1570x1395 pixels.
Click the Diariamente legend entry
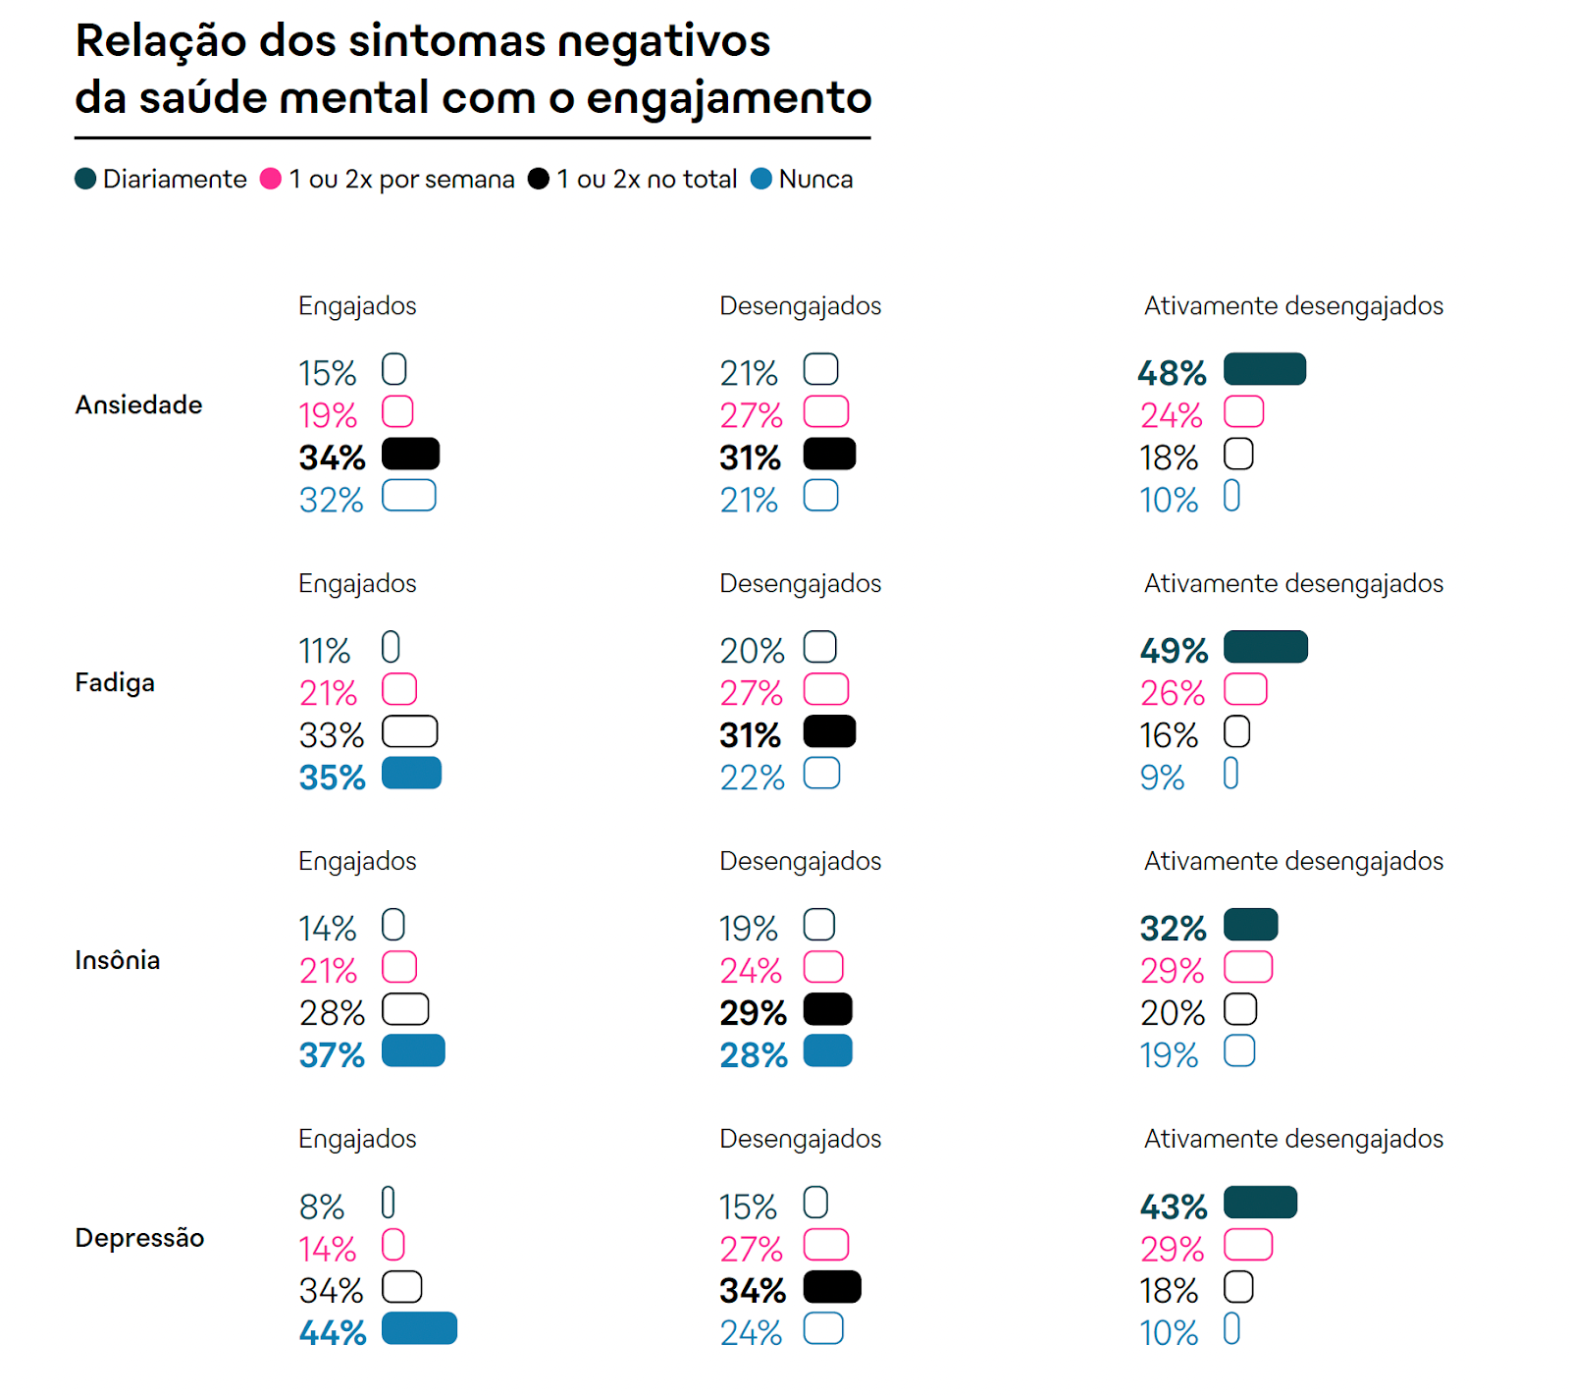coord(162,179)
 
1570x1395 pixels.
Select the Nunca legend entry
coord(803,179)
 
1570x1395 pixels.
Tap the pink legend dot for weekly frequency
coord(271,179)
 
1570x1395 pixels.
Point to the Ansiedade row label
coord(138,404)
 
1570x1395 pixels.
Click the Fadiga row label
coord(115,682)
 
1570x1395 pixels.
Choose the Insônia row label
coord(117,960)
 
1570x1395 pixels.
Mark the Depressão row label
coord(139,1238)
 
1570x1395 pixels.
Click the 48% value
coord(1172,372)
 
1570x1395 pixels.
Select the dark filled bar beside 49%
coord(1266,647)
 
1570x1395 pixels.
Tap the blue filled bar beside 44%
coord(419,1328)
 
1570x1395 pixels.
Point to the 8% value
coord(321,1207)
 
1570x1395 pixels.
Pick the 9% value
coord(1162,778)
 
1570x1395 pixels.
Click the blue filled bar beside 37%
coord(413,1050)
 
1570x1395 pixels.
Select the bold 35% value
coord(332,778)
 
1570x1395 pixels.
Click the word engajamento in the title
coord(728,97)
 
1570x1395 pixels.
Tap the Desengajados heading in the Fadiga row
coord(800,583)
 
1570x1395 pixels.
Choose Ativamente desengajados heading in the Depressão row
coord(1293,1139)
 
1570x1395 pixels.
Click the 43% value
coord(1174,1207)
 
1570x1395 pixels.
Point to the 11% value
coord(324,651)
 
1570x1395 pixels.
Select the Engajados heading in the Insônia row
coord(357,861)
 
